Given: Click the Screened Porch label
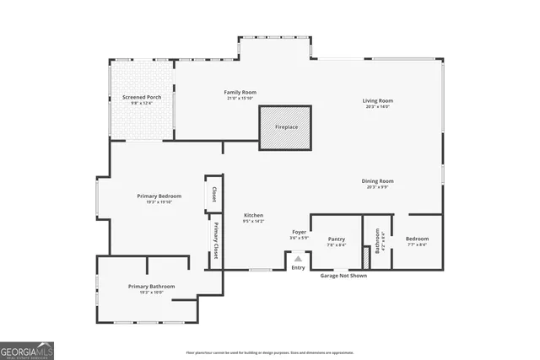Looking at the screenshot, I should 142,97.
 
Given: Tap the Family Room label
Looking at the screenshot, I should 240,92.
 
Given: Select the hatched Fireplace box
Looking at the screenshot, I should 285,127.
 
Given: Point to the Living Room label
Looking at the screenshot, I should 378,100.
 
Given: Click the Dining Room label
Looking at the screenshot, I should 378,181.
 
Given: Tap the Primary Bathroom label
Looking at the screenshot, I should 151,287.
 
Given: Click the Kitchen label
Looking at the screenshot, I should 254,216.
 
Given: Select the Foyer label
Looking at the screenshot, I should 299,232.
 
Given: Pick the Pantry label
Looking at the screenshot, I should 336,239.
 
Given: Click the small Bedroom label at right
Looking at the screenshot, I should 417,239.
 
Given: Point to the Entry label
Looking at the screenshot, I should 298,268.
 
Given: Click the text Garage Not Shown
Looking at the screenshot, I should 343,276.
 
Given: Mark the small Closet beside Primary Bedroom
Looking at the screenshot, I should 214,195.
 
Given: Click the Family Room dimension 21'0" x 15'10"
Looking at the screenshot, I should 240,99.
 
